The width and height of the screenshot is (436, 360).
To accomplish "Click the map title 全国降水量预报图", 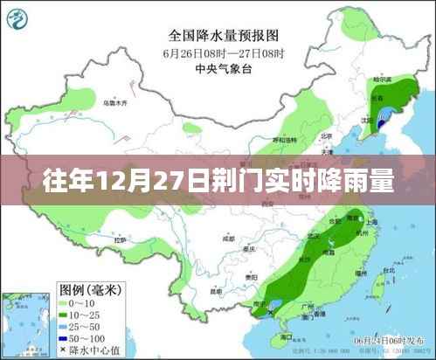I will [222, 36].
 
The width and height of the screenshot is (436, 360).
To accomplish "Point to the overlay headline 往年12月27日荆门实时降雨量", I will [218, 183].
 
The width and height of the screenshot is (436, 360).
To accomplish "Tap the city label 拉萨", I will [121, 238].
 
